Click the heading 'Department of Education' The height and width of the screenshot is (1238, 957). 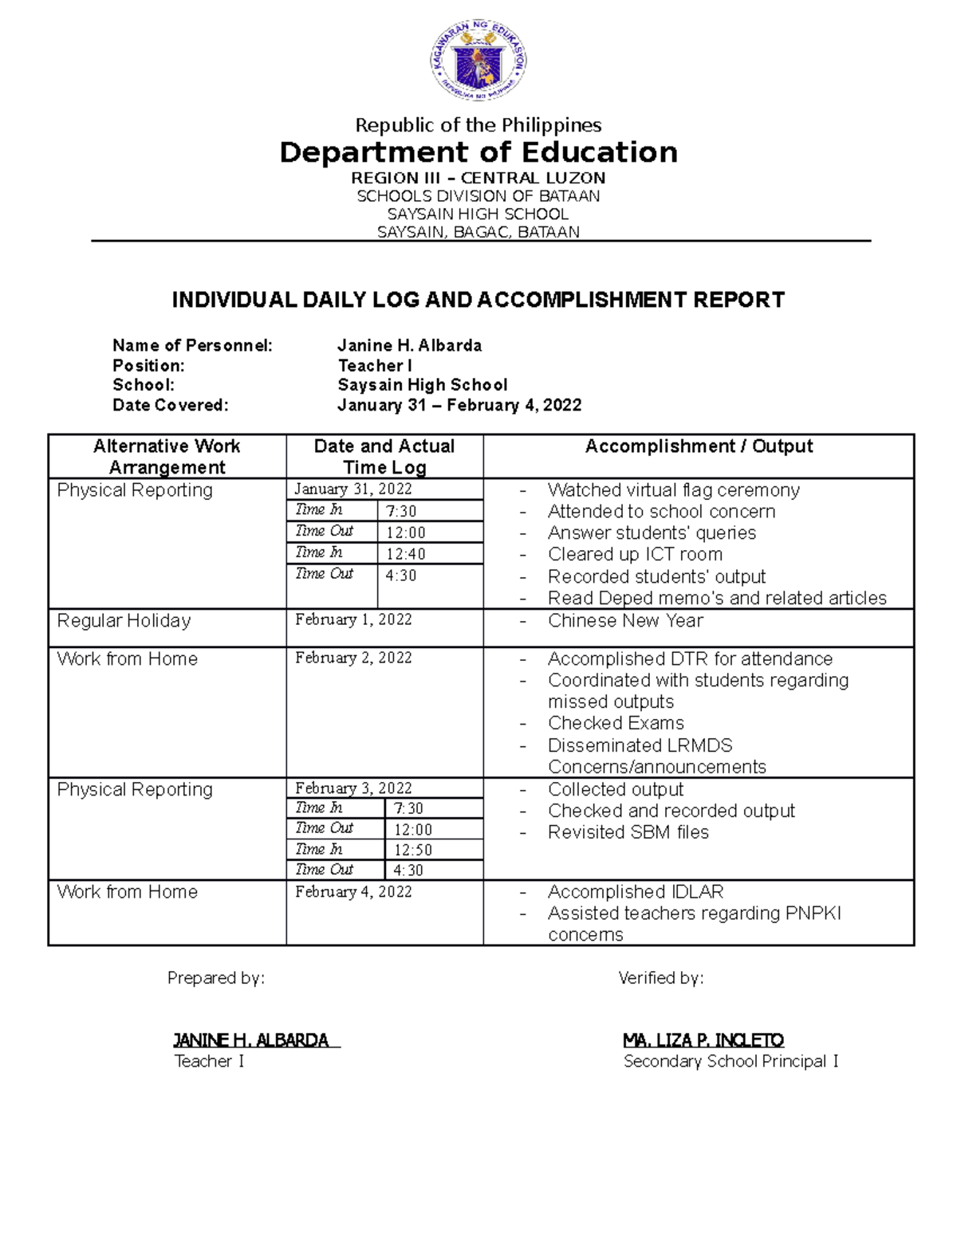478,152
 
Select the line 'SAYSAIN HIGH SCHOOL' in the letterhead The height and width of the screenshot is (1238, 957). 478,214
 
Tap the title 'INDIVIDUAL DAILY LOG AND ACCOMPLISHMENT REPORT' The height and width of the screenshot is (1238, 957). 478,300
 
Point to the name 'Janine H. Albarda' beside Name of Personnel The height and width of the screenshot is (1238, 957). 409,345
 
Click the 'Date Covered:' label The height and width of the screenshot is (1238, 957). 171,405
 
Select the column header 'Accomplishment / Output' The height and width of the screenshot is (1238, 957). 699,446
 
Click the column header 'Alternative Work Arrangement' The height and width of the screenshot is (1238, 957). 167,457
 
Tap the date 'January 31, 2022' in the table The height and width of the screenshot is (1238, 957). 353,489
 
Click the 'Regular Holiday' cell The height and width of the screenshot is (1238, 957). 124,620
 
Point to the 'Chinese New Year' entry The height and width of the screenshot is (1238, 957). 625,620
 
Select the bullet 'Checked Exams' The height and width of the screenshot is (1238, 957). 616,723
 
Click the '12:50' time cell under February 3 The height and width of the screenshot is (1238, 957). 413,850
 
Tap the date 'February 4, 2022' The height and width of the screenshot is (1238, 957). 353,891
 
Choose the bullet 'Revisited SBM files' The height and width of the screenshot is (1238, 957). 628,832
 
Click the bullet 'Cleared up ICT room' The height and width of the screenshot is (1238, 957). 635,554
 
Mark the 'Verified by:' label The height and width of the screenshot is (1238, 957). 660,978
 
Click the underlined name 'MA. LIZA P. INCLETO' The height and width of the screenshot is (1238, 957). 703,1040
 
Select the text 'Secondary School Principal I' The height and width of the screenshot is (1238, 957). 731,1061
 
